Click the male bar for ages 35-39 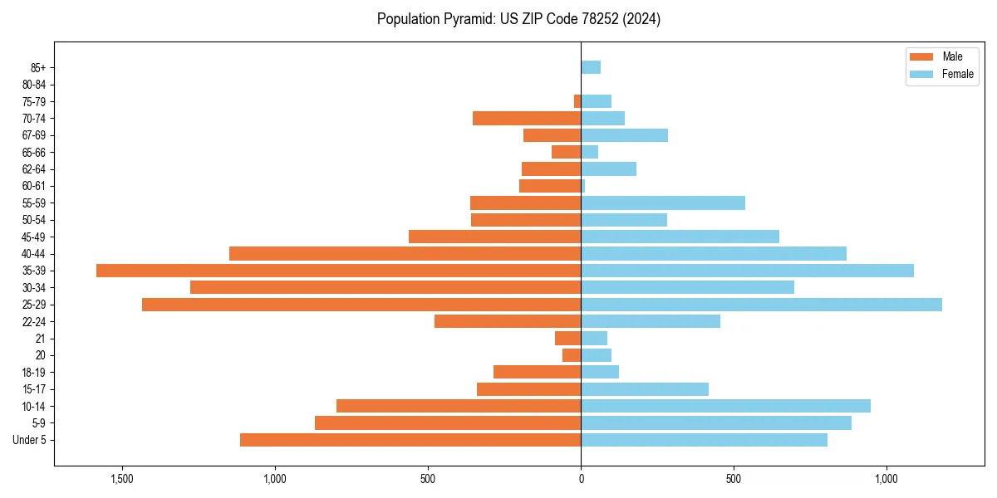(338, 271)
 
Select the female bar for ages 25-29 (761, 305)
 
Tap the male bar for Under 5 (410, 440)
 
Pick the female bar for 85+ (591, 67)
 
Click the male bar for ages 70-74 (527, 119)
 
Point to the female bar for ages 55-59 (663, 203)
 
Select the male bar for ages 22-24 (508, 321)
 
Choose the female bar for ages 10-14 (725, 406)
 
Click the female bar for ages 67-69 (624, 135)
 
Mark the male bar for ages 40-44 (405, 254)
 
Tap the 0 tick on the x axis (581, 479)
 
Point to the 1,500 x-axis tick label (122, 479)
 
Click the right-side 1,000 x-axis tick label (886, 479)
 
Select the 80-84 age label (34, 85)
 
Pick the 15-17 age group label (34, 389)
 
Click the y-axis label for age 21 (40, 339)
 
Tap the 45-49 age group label (34, 237)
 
